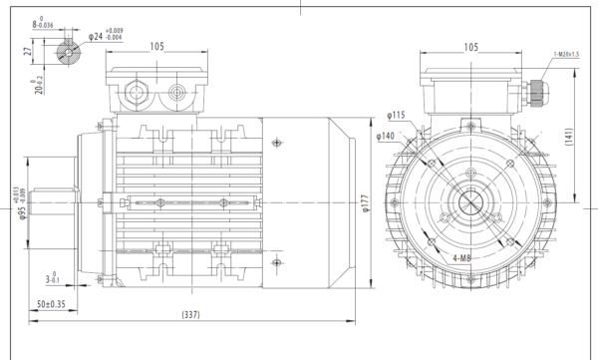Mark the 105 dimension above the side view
tap(156, 45)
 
